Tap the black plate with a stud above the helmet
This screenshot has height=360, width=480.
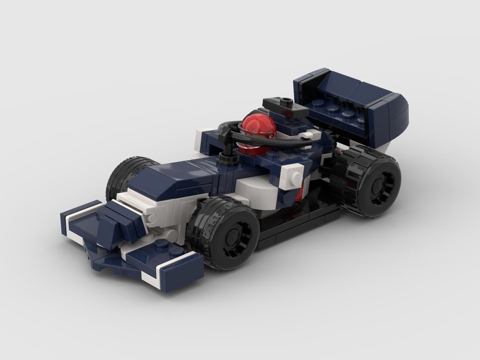click(287, 107)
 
